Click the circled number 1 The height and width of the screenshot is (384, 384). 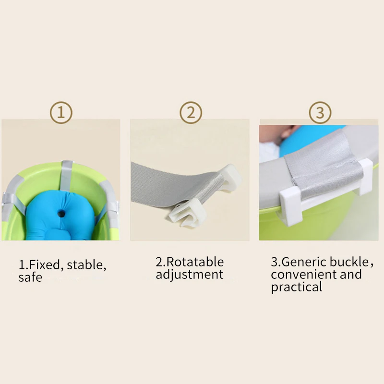pos(61,113)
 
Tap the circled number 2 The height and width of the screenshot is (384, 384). pos(191,113)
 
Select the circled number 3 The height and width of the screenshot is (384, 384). pos(320,113)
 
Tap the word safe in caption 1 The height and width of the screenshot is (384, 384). pos(30,277)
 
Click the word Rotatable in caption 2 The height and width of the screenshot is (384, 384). pos(195,262)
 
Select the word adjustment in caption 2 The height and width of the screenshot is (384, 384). pos(190,275)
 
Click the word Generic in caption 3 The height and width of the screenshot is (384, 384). pos(304,262)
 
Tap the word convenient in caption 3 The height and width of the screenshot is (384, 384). pos(303,274)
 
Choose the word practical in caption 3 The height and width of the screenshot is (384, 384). pos(296,287)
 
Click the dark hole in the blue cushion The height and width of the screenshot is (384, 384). pos(61,214)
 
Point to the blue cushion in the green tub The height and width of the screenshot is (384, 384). pos(60,216)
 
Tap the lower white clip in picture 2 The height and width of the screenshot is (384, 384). pos(187,213)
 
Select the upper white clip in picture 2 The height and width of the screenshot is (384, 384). pos(230,177)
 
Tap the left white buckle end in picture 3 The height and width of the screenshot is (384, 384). pos(290,203)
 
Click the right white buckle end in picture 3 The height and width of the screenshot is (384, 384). pos(363,176)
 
